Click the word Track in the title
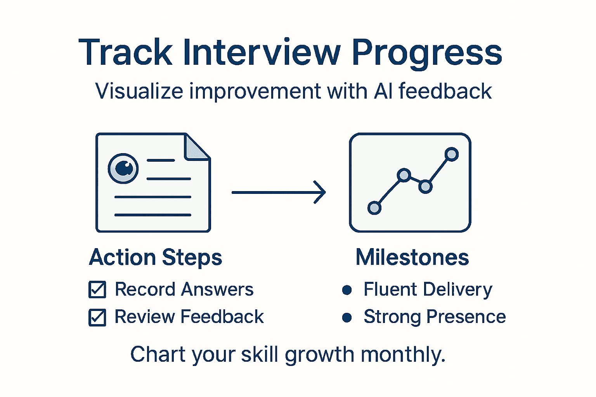(x=125, y=52)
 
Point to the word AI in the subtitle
(x=383, y=91)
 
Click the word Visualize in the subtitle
(x=139, y=91)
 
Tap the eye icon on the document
(x=123, y=168)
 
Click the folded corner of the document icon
(x=196, y=148)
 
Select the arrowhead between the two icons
(x=321, y=192)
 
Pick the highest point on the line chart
(x=451, y=154)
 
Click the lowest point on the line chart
(x=374, y=208)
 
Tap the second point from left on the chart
(x=404, y=175)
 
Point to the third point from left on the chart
(x=426, y=187)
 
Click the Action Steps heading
(x=156, y=257)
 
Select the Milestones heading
(x=412, y=257)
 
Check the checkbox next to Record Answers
(x=97, y=290)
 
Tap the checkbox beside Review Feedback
(x=97, y=317)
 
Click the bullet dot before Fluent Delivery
(x=347, y=290)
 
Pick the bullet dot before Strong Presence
(x=347, y=318)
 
